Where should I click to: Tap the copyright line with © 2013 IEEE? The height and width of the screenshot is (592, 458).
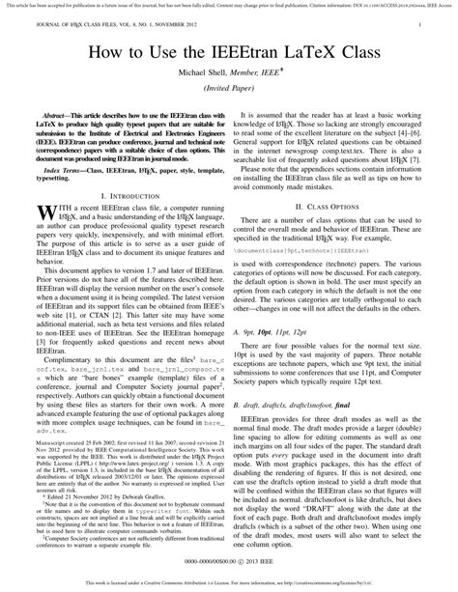(229, 560)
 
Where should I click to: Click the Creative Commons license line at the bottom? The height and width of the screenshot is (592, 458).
(229, 582)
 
